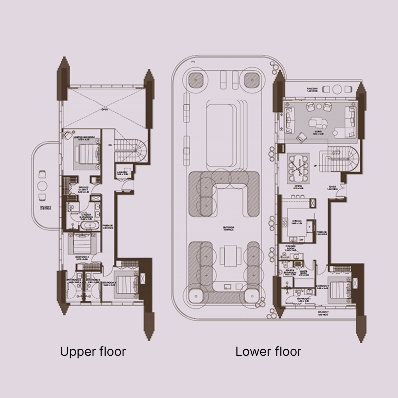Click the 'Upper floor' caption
(x=93, y=352)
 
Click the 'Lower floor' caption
(x=268, y=352)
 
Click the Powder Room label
(x=288, y=247)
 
